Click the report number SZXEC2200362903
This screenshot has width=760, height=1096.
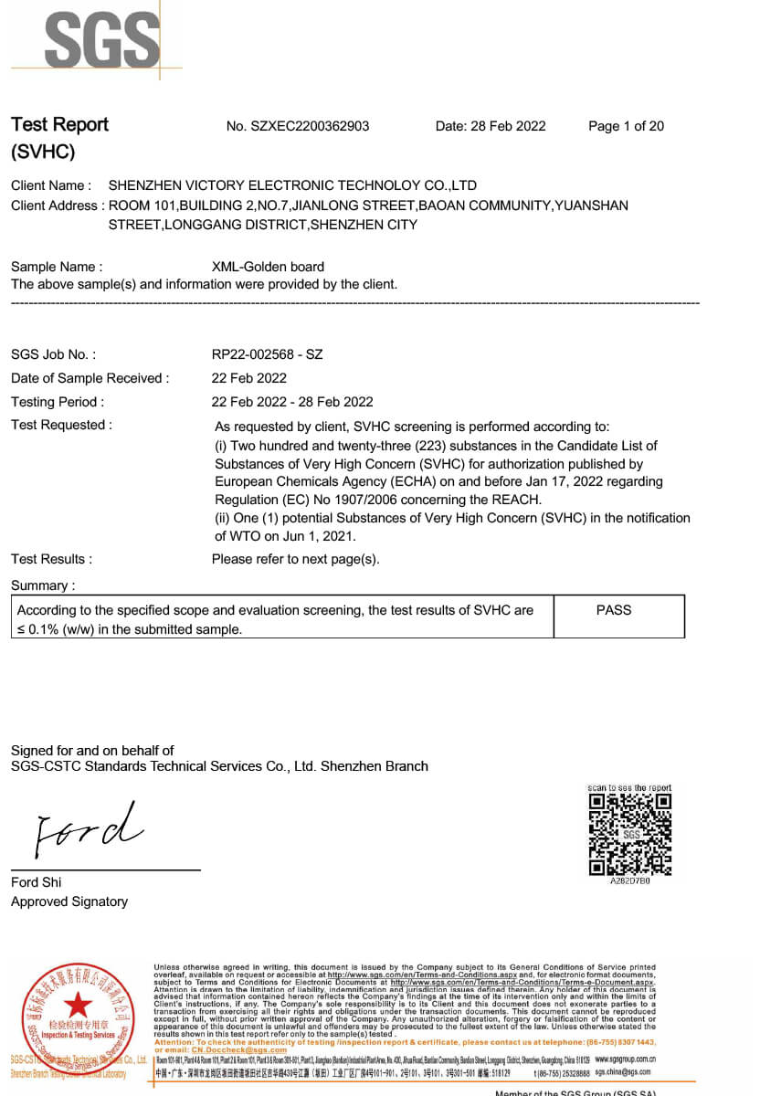pos(310,126)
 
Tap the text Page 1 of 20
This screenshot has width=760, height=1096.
pos(626,126)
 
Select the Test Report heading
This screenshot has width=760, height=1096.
pos(59,125)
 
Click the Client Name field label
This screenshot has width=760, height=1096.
pos(50,185)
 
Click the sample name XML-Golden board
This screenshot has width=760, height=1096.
pos(268,267)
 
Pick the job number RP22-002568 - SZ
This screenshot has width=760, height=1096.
pos(267,354)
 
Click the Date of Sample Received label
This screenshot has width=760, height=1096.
pos(90,378)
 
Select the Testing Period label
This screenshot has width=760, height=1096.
pos(58,402)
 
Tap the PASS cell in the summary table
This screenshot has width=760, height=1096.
pos(613,610)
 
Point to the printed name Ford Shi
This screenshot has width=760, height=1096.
pos(37,882)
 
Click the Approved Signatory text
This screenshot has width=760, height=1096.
pos(69,901)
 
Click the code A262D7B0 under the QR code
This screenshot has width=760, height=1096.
pos(630,881)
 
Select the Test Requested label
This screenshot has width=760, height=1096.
pos(61,425)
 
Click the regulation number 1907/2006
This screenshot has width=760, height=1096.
pos(407,500)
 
